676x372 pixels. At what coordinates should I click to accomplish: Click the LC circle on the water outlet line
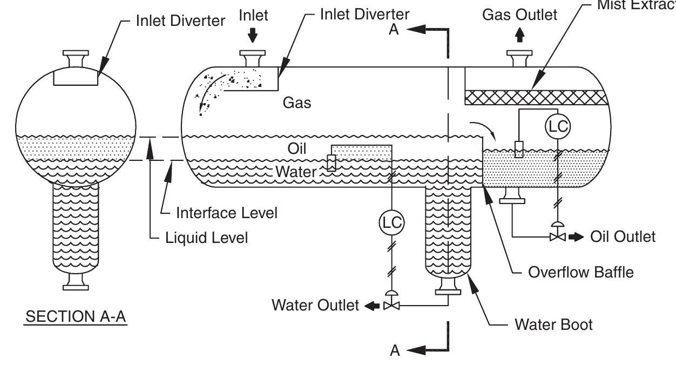(x=391, y=222)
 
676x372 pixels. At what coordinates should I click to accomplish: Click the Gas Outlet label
(x=519, y=15)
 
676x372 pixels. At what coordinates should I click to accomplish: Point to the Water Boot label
(x=553, y=324)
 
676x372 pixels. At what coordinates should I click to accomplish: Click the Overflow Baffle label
(x=580, y=272)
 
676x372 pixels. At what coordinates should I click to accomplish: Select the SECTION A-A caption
(x=76, y=317)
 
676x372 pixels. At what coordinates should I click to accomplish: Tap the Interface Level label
(x=227, y=213)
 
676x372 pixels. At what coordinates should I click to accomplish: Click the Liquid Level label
(x=207, y=238)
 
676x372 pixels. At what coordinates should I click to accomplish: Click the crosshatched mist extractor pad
(x=536, y=97)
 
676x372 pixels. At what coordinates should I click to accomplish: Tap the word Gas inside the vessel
(x=297, y=103)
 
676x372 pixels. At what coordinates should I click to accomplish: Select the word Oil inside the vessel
(x=297, y=148)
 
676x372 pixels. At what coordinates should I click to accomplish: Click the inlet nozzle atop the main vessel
(x=252, y=58)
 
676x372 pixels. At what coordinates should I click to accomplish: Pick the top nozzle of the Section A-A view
(x=76, y=58)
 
